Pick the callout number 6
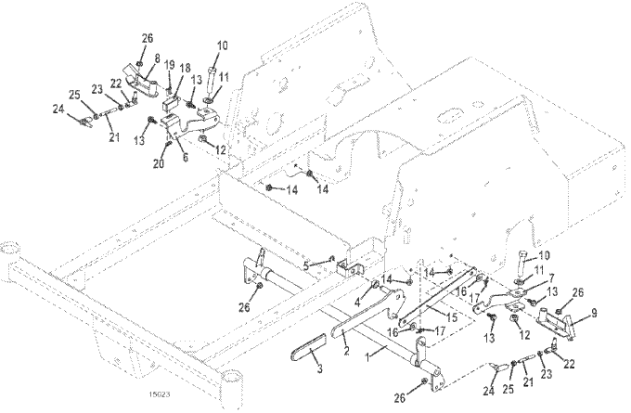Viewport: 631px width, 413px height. coord(184,158)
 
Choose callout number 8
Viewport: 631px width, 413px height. coord(157,58)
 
